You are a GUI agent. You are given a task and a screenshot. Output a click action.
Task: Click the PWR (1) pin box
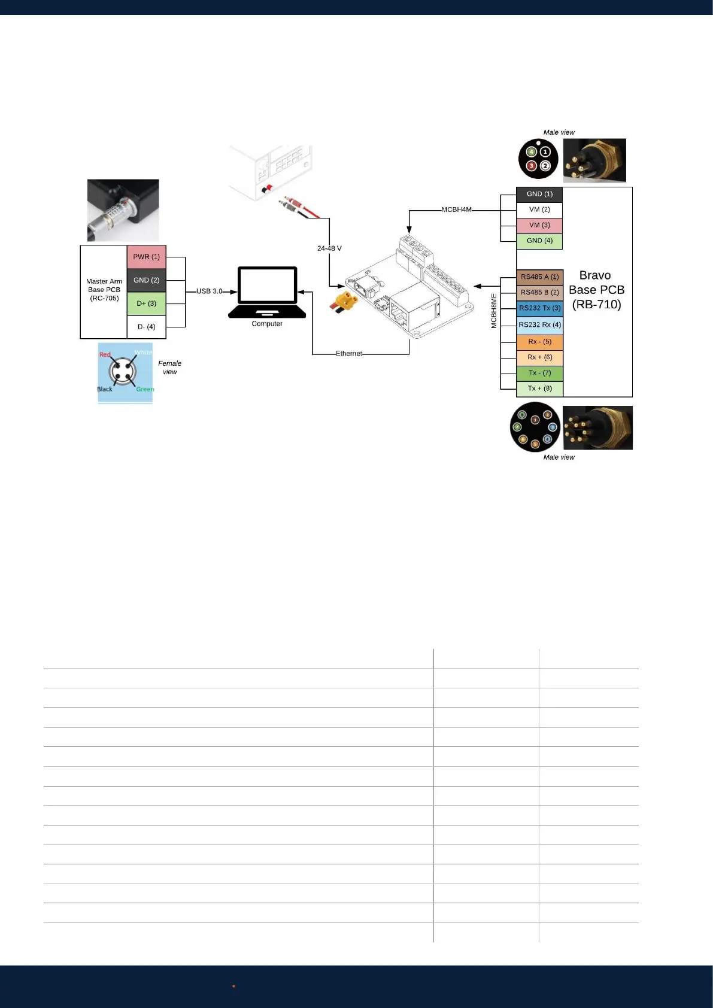click(x=146, y=257)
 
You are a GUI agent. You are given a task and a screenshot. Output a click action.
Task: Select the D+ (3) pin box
click(x=146, y=303)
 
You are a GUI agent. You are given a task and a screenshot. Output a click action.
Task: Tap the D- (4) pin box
click(x=146, y=327)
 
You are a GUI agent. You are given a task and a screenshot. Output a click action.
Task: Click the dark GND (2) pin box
click(x=146, y=280)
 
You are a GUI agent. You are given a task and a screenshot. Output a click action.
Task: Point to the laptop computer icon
click(x=267, y=293)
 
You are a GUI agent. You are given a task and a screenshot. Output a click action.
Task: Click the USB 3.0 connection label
click(x=209, y=292)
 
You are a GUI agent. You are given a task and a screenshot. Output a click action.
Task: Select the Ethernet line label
click(x=348, y=354)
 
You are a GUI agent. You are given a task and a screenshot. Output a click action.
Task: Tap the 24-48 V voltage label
click(x=329, y=248)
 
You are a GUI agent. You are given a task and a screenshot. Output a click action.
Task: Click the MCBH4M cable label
click(x=456, y=210)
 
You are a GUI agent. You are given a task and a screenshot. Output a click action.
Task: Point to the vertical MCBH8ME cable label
click(x=494, y=311)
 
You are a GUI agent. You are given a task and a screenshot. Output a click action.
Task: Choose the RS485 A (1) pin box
click(x=539, y=277)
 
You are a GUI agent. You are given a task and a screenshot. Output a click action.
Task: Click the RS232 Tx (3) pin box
click(x=539, y=308)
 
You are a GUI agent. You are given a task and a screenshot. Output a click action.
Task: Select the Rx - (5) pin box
click(x=539, y=342)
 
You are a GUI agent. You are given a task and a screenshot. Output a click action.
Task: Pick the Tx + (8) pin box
click(x=539, y=388)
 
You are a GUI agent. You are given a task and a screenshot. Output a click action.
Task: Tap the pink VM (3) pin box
click(x=539, y=226)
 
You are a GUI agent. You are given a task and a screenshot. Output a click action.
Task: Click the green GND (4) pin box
click(x=539, y=241)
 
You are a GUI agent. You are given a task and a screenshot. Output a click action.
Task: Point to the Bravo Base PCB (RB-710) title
click(x=596, y=290)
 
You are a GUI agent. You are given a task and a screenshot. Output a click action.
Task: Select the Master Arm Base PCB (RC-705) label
click(x=104, y=290)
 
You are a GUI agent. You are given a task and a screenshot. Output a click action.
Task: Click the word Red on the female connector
click(x=105, y=355)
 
